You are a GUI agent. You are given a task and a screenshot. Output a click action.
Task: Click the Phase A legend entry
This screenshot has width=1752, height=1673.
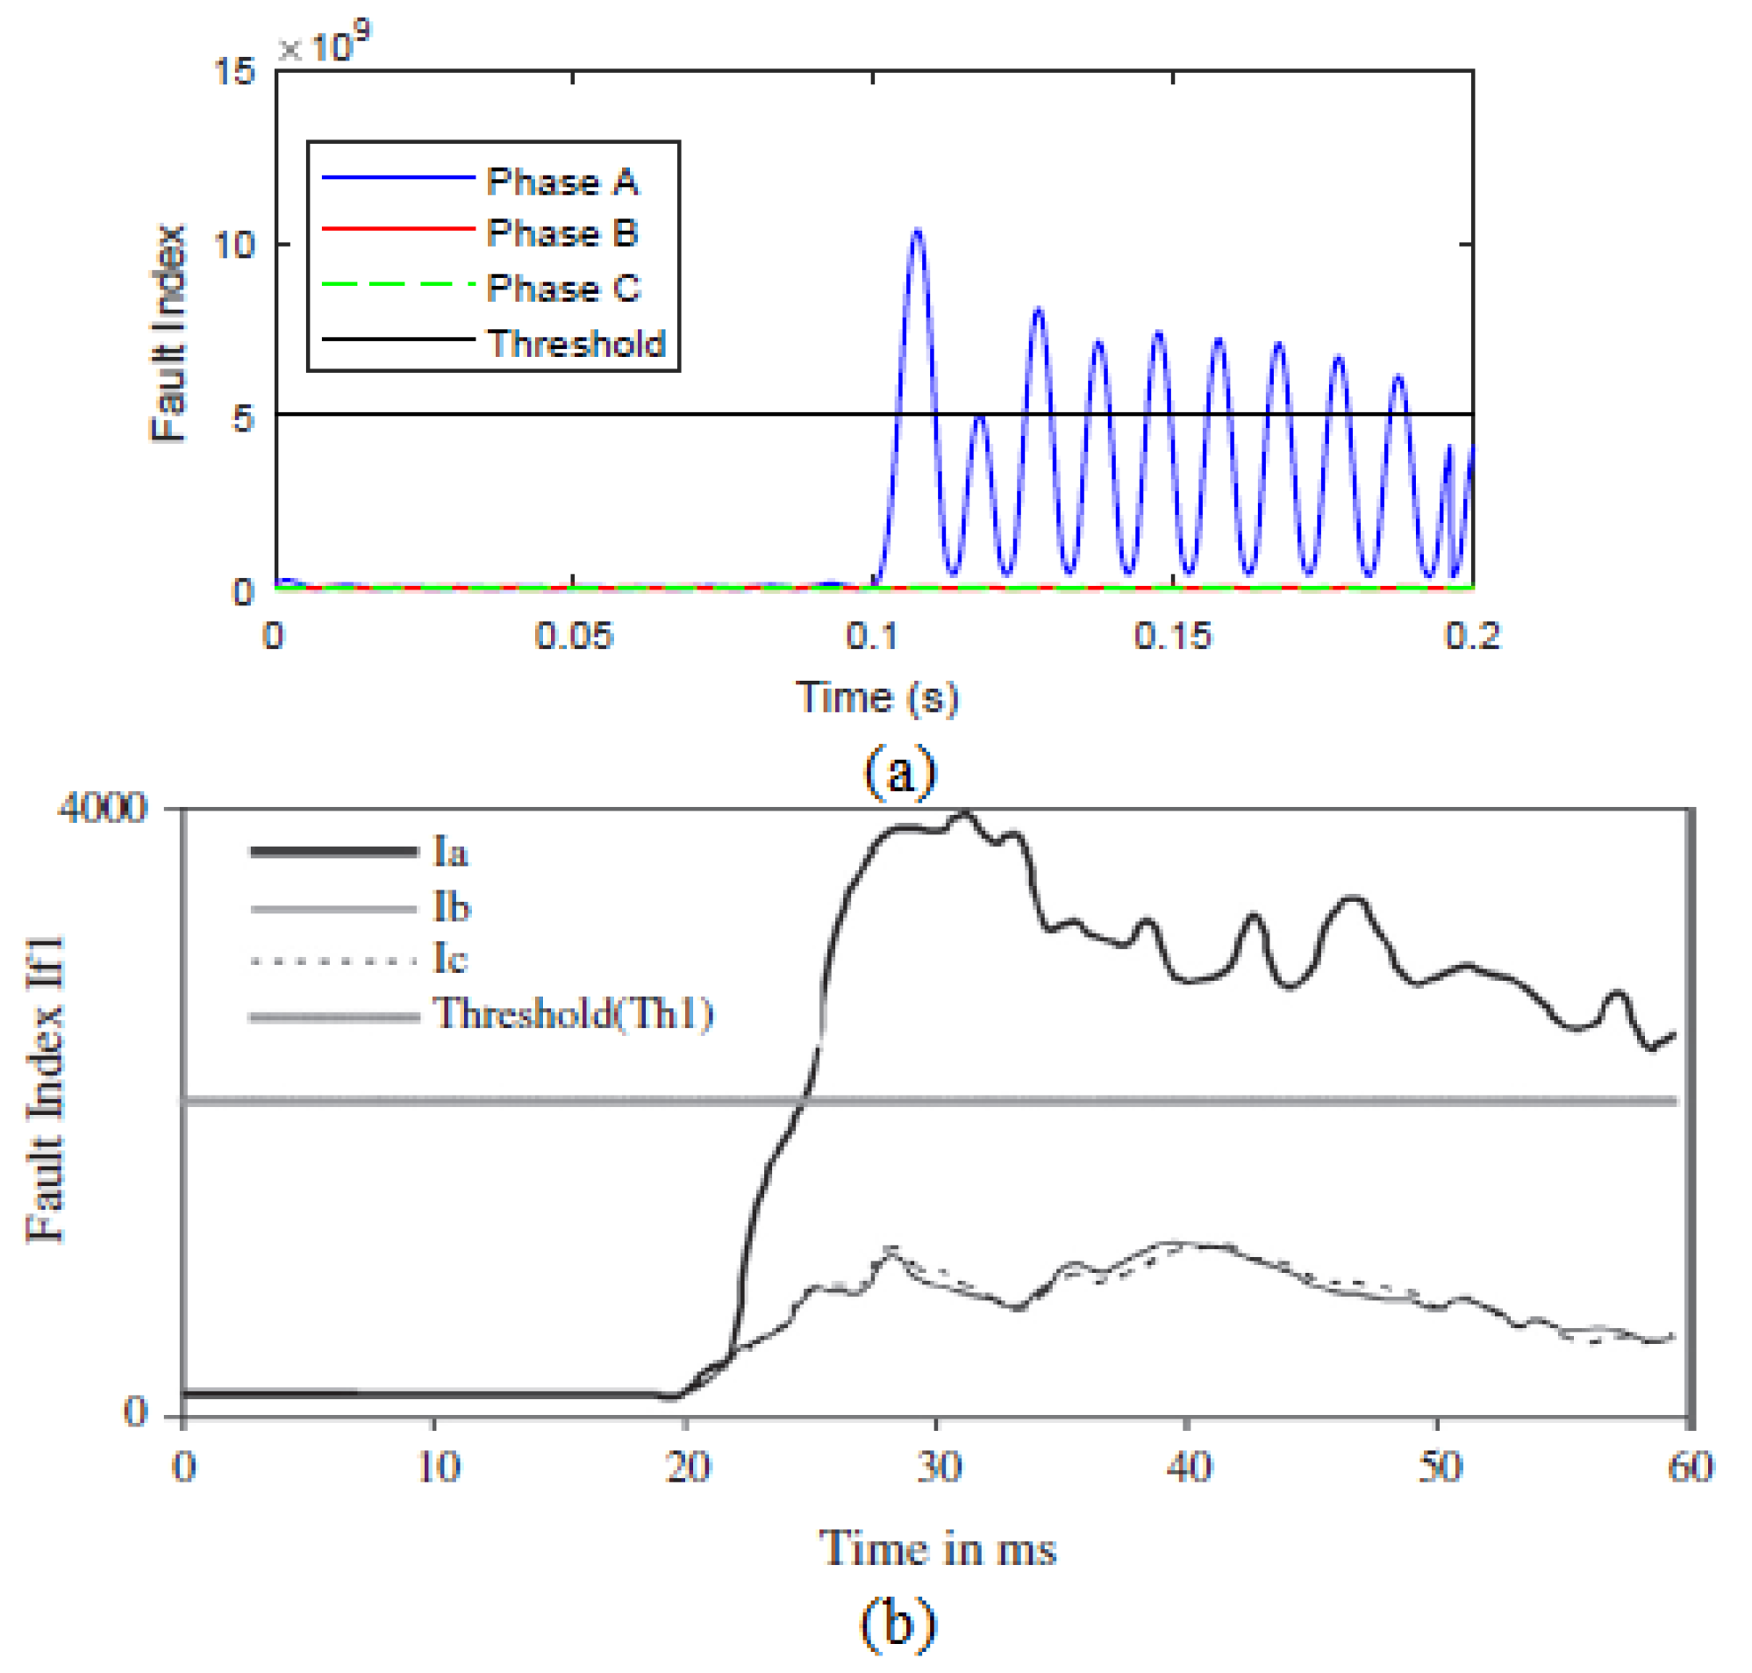pos(561,182)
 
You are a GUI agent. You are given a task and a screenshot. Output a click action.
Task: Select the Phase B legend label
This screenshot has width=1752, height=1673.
pos(561,232)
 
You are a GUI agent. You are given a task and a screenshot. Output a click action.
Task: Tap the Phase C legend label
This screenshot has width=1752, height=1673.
pos(562,287)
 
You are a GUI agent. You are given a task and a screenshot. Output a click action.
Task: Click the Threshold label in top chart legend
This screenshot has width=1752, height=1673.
pos(576,343)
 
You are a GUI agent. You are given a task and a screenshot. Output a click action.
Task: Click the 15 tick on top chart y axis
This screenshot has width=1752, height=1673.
pos(234,71)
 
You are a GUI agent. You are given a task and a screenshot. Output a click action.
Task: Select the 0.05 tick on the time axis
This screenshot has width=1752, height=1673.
pos(573,636)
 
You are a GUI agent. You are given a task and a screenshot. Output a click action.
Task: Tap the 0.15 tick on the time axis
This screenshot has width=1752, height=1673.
pos(1172,636)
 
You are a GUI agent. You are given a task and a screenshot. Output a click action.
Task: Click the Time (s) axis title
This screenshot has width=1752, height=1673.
pos(876,697)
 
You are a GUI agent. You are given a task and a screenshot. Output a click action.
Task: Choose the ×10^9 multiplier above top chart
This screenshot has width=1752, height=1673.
pos(324,45)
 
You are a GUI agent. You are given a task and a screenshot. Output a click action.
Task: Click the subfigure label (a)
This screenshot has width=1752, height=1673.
pos(898,771)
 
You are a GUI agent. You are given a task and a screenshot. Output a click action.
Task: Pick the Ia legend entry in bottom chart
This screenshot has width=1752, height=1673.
pos(450,852)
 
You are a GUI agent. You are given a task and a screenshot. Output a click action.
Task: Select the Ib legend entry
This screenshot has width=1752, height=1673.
pos(451,907)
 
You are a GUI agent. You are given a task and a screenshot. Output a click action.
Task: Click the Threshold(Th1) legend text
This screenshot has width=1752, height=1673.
pos(572,1014)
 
